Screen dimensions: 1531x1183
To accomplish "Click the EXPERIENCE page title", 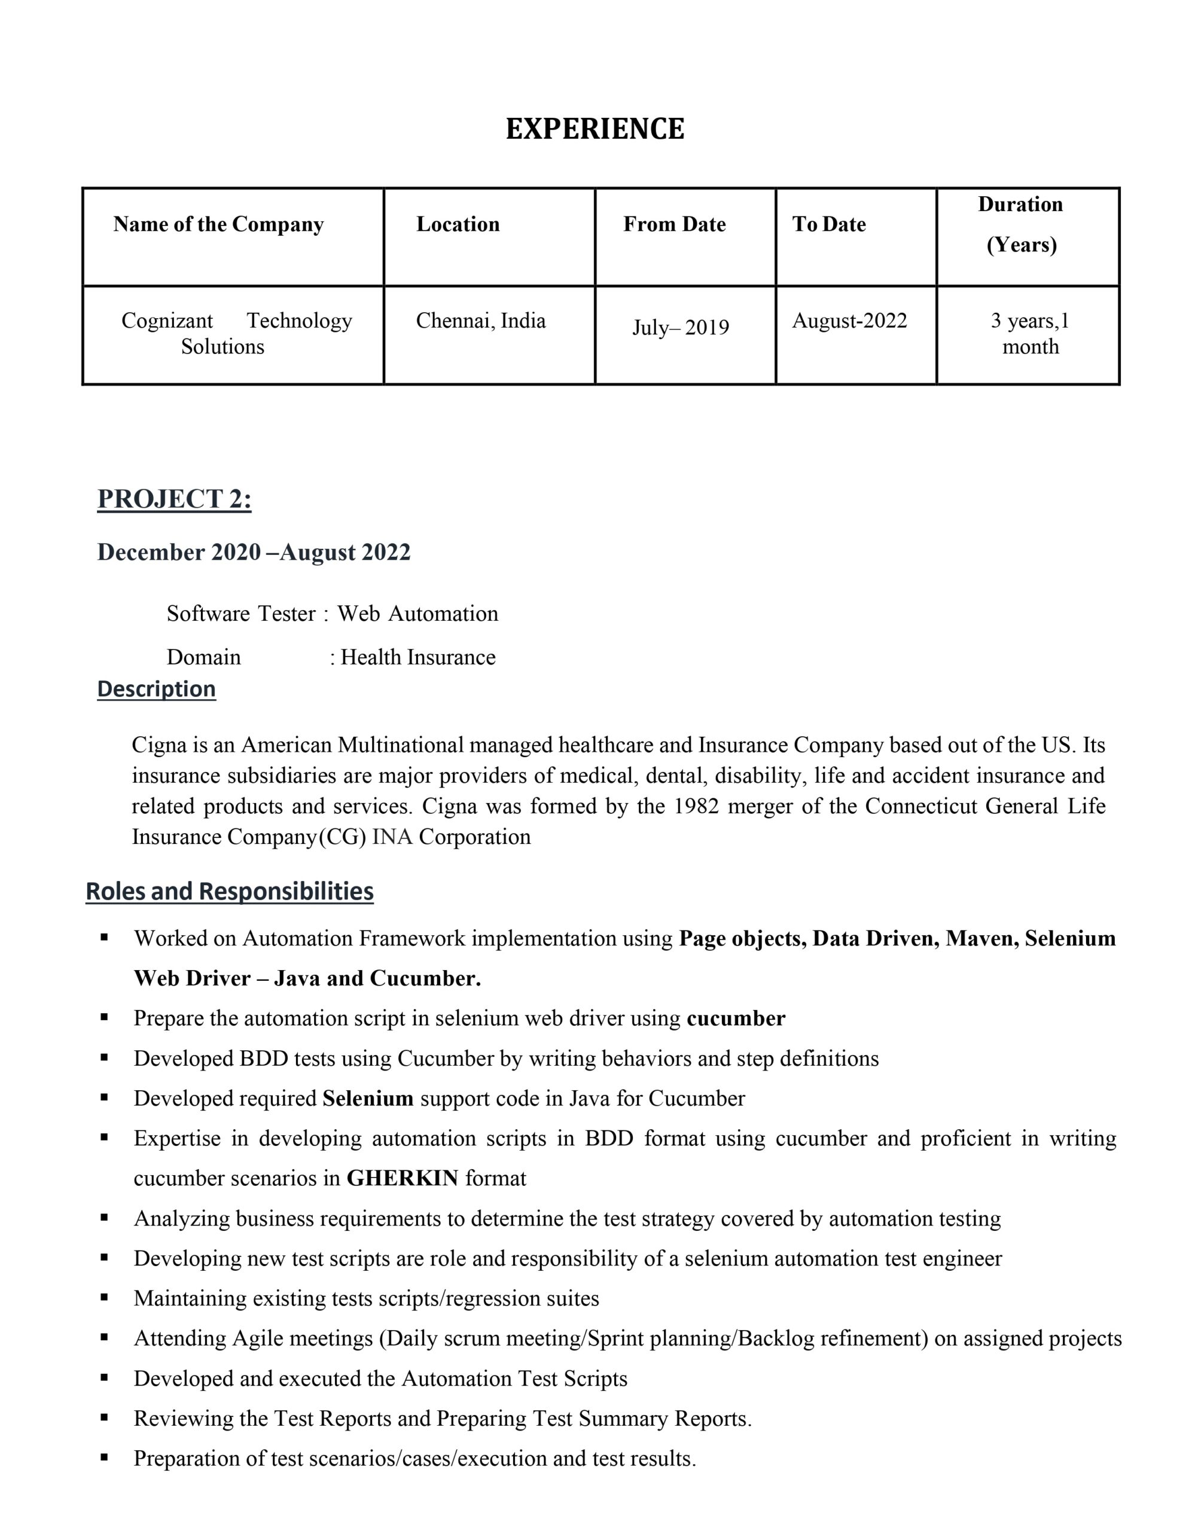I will [594, 129].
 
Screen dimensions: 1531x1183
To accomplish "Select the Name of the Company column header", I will [218, 224].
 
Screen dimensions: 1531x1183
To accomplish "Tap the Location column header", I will [458, 224].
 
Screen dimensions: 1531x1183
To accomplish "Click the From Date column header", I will [674, 224].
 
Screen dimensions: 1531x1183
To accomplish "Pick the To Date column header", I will [828, 224].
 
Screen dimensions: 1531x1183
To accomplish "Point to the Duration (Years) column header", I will [1020, 224].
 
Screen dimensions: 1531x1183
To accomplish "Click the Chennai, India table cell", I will [480, 321].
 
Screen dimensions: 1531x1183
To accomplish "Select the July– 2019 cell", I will [680, 327].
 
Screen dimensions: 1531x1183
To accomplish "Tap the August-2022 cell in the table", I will [849, 321].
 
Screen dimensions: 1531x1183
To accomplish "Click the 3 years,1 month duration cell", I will [1029, 334].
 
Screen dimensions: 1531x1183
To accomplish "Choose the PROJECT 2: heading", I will [174, 499].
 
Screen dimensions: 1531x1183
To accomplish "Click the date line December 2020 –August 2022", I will [253, 553].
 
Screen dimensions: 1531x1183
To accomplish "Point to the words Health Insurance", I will [418, 657].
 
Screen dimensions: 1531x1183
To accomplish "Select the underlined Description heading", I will [156, 689].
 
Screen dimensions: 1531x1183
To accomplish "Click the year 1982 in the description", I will [696, 806].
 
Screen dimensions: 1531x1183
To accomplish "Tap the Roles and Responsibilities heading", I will [229, 892].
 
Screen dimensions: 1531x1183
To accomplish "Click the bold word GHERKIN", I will [403, 1178].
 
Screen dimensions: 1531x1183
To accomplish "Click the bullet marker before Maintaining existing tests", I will [105, 1298].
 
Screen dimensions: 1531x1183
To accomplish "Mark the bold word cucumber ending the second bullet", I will [736, 1018].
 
